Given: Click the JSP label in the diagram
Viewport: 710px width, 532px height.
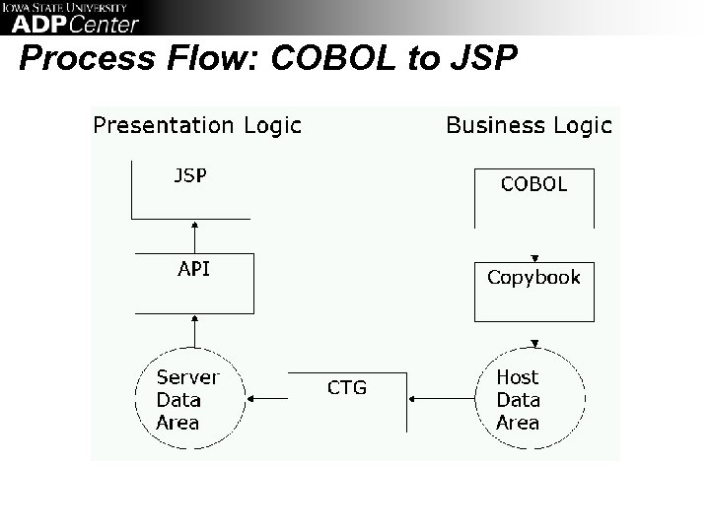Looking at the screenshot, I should [190, 175].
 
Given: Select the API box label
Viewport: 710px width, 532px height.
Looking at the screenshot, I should [193, 269].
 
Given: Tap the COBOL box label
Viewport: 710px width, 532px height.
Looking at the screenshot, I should [533, 184].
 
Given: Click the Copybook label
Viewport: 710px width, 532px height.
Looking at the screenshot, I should [533, 277].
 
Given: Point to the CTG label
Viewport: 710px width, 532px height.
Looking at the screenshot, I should [346, 387].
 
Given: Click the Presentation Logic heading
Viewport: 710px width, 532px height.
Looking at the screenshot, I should [196, 125].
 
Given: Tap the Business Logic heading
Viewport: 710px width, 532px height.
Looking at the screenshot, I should [529, 125].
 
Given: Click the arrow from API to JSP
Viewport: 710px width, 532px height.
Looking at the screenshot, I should [194, 236].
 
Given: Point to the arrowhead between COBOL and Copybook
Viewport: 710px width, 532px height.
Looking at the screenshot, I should [533, 252].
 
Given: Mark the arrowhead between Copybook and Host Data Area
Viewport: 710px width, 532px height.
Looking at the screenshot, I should [533, 344].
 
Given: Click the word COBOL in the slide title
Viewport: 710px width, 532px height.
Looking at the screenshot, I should [331, 60].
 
